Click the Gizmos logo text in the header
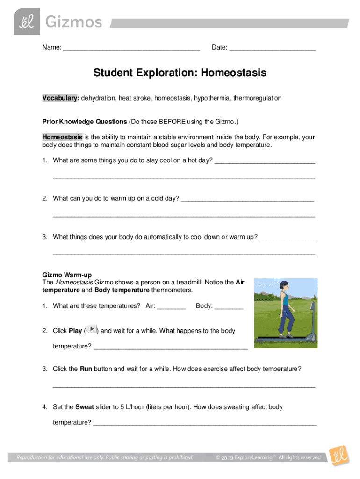pos(73,22)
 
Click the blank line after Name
pos(131,48)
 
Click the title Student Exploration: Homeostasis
pos(180,73)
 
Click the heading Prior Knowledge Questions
pos(85,122)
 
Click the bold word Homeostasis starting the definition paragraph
pos(62,137)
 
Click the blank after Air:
pos(172,306)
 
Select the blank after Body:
pos(229,306)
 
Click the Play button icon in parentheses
pos(92,330)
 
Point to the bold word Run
pos(86,369)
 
